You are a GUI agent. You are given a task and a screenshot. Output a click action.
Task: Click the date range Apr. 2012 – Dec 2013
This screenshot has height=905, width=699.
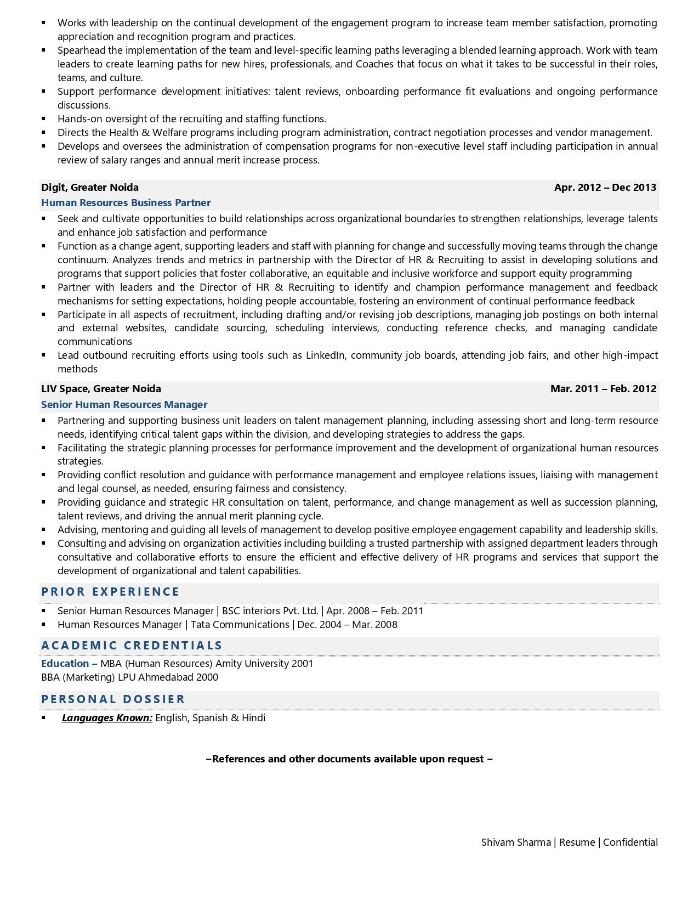tap(605, 188)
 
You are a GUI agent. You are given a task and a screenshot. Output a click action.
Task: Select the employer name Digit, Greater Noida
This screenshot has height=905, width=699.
tap(90, 188)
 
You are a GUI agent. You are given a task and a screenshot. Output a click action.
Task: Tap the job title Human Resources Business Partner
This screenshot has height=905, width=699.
tap(126, 203)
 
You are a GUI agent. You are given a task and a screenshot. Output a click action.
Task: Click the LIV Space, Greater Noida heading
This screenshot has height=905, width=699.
tap(101, 389)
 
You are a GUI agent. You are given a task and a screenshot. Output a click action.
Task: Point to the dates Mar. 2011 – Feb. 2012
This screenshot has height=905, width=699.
tap(603, 389)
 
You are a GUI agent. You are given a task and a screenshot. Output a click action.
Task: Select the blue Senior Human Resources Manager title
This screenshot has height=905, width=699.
tap(124, 405)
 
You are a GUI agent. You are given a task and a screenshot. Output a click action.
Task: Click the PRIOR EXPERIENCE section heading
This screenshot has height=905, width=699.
tap(110, 592)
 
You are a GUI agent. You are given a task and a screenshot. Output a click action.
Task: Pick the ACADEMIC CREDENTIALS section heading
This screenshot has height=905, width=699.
tap(132, 646)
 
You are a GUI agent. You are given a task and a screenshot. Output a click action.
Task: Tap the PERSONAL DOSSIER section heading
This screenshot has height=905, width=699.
tap(113, 699)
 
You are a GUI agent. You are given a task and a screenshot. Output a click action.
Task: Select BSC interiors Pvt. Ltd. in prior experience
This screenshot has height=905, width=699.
tap(270, 611)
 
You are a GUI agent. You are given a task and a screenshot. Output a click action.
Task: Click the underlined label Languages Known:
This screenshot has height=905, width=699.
tap(107, 718)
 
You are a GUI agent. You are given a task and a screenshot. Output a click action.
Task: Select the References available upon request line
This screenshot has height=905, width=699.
tap(349, 759)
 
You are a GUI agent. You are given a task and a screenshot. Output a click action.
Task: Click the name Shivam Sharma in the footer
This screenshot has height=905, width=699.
tap(515, 842)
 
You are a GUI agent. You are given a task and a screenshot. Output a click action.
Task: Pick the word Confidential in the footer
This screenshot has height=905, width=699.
tap(630, 842)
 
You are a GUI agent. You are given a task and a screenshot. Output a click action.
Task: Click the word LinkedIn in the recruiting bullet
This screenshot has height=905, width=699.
tap(326, 355)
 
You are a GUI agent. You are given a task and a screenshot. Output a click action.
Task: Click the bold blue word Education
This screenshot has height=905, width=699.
tap(65, 664)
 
